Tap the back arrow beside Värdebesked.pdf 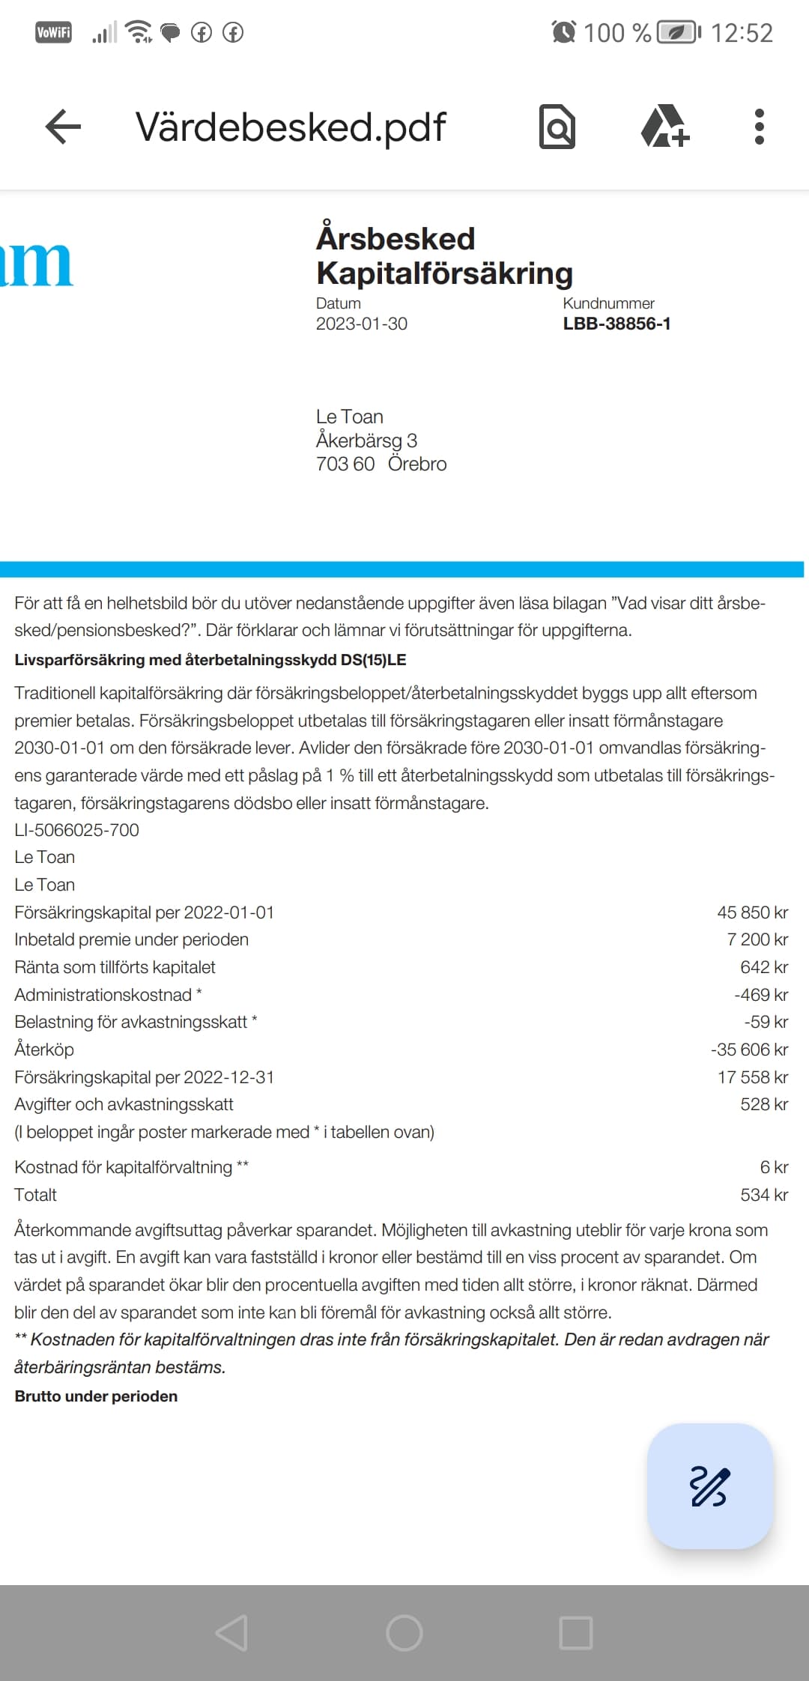(x=63, y=127)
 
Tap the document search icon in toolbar (x=557, y=127)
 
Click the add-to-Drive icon (x=664, y=127)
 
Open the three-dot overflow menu (x=759, y=127)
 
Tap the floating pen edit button (x=709, y=1486)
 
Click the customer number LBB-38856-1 (x=616, y=324)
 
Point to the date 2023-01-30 (x=361, y=324)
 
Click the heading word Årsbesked (x=396, y=239)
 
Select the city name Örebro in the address (x=417, y=464)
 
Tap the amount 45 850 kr (x=752, y=912)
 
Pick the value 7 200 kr (x=757, y=939)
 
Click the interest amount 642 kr (x=763, y=967)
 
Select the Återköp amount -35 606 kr (x=749, y=1050)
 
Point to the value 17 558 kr (x=752, y=1077)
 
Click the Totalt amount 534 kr (x=763, y=1195)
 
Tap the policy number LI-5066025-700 (x=76, y=830)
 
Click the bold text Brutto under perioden (x=96, y=1396)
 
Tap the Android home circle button (x=404, y=1632)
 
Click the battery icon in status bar (x=679, y=33)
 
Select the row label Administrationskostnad (x=103, y=995)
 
